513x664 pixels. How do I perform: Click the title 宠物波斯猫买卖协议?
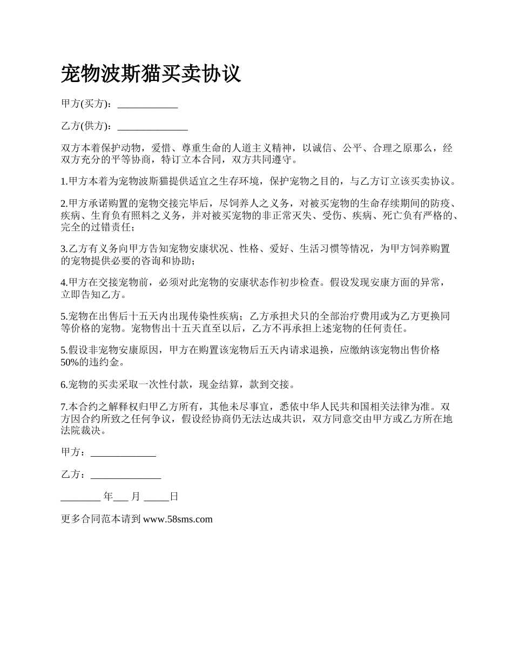tap(151, 73)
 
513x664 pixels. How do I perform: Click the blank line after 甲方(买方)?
tap(147, 104)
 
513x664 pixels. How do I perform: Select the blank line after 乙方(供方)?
tap(152, 126)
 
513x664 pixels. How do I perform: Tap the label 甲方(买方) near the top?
tap(86, 104)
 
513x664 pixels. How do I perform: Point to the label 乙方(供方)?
tap(86, 126)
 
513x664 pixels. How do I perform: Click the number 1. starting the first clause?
tap(65, 181)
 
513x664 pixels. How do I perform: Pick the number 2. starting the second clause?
tap(65, 204)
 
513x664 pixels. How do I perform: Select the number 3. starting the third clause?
tap(65, 249)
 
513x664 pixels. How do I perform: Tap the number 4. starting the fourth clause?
tap(65, 282)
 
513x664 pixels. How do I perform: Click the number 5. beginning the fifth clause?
tap(65, 316)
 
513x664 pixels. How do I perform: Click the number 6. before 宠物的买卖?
tap(65, 385)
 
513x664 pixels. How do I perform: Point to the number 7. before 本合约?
tap(65, 406)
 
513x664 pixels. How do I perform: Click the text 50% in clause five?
tap(70, 362)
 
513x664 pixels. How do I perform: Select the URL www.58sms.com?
tap(178, 519)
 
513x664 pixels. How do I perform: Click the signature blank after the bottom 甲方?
tap(123, 452)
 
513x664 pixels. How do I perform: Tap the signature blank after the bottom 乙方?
tap(126, 475)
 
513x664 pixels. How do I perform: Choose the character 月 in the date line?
tap(135, 497)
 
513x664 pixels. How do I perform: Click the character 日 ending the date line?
tap(174, 497)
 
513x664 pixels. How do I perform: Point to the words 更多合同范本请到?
tap(102, 519)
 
